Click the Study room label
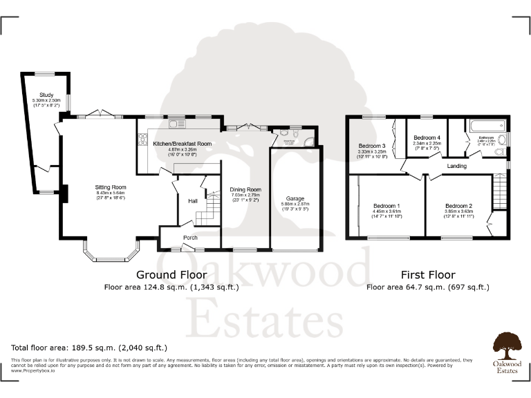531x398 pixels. [46, 95]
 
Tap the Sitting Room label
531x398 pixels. [111, 187]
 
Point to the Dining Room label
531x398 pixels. [245, 189]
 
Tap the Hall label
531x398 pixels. [193, 201]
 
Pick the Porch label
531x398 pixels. [190, 238]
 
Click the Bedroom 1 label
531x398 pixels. [387, 206]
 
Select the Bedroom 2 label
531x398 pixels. [458, 206]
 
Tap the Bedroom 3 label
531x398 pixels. [372, 146]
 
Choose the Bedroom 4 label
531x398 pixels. [422, 136]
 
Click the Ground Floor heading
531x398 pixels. [162, 275]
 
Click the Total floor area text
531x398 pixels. [89, 348]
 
